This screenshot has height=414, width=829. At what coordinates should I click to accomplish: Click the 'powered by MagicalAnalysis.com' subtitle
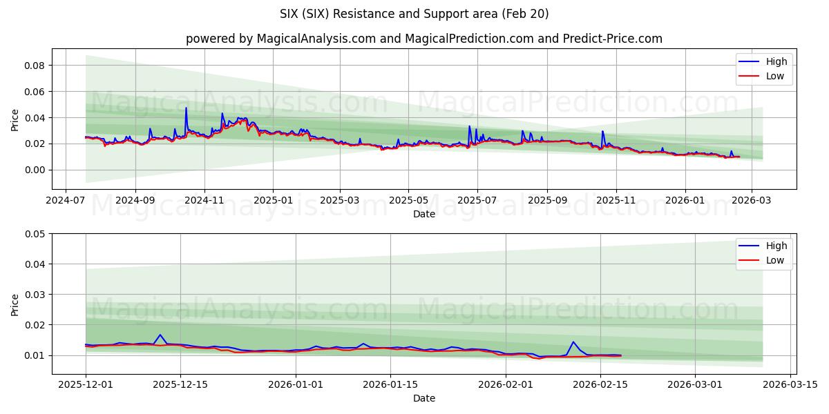click(423, 39)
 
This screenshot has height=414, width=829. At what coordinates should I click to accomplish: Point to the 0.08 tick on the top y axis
click(35, 66)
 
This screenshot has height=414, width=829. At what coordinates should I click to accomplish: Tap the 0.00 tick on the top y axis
click(35, 170)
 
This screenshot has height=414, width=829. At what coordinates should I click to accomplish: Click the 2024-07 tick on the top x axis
click(66, 200)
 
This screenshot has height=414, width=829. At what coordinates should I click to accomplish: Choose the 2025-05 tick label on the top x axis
click(408, 200)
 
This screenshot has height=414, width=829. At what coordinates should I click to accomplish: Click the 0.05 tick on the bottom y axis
click(35, 234)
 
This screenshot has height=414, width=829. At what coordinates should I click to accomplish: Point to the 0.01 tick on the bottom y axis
click(35, 355)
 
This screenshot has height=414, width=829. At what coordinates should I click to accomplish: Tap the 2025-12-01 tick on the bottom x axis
click(86, 385)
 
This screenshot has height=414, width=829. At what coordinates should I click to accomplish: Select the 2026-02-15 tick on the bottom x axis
click(600, 385)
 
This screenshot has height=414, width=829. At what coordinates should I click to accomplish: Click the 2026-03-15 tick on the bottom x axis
click(790, 385)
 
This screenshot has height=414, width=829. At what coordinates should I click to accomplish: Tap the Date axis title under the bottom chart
click(423, 398)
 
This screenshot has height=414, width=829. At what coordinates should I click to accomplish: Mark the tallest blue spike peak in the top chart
click(186, 108)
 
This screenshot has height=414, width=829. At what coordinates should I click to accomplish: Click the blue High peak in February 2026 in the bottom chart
click(573, 342)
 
